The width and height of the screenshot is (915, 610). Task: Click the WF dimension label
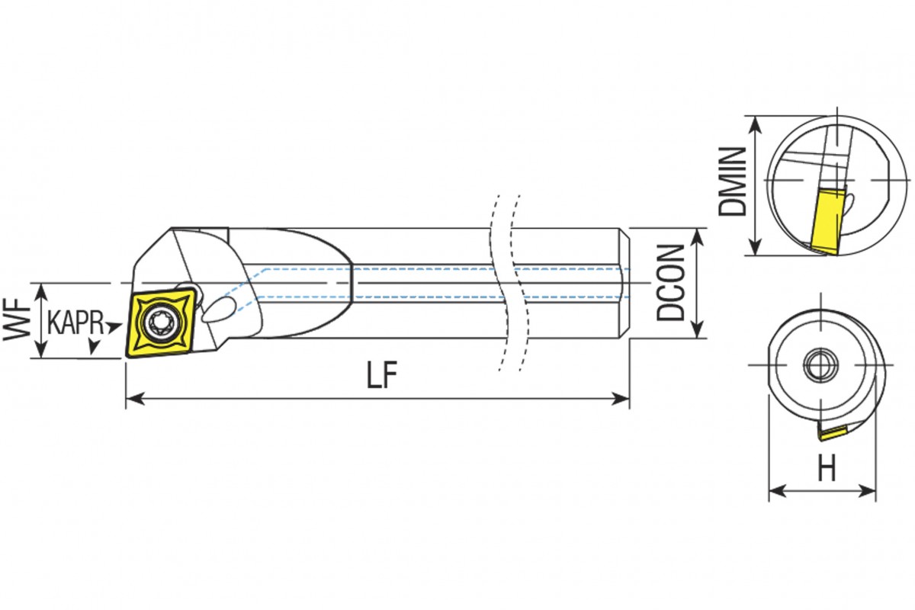point(17,319)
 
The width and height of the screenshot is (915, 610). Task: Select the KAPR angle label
point(75,323)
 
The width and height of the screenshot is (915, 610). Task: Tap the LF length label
point(382,375)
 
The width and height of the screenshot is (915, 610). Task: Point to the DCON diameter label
point(670,282)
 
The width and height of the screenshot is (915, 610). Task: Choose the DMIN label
point(732,181)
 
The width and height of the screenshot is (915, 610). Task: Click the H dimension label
point(827,468)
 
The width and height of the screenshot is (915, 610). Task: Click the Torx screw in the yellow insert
point(162,323)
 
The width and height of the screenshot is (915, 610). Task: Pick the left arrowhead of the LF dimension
point(135,398)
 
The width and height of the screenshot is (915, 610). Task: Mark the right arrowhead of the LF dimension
point(620,398)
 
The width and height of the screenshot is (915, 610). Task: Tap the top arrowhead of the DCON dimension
point(698,237)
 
